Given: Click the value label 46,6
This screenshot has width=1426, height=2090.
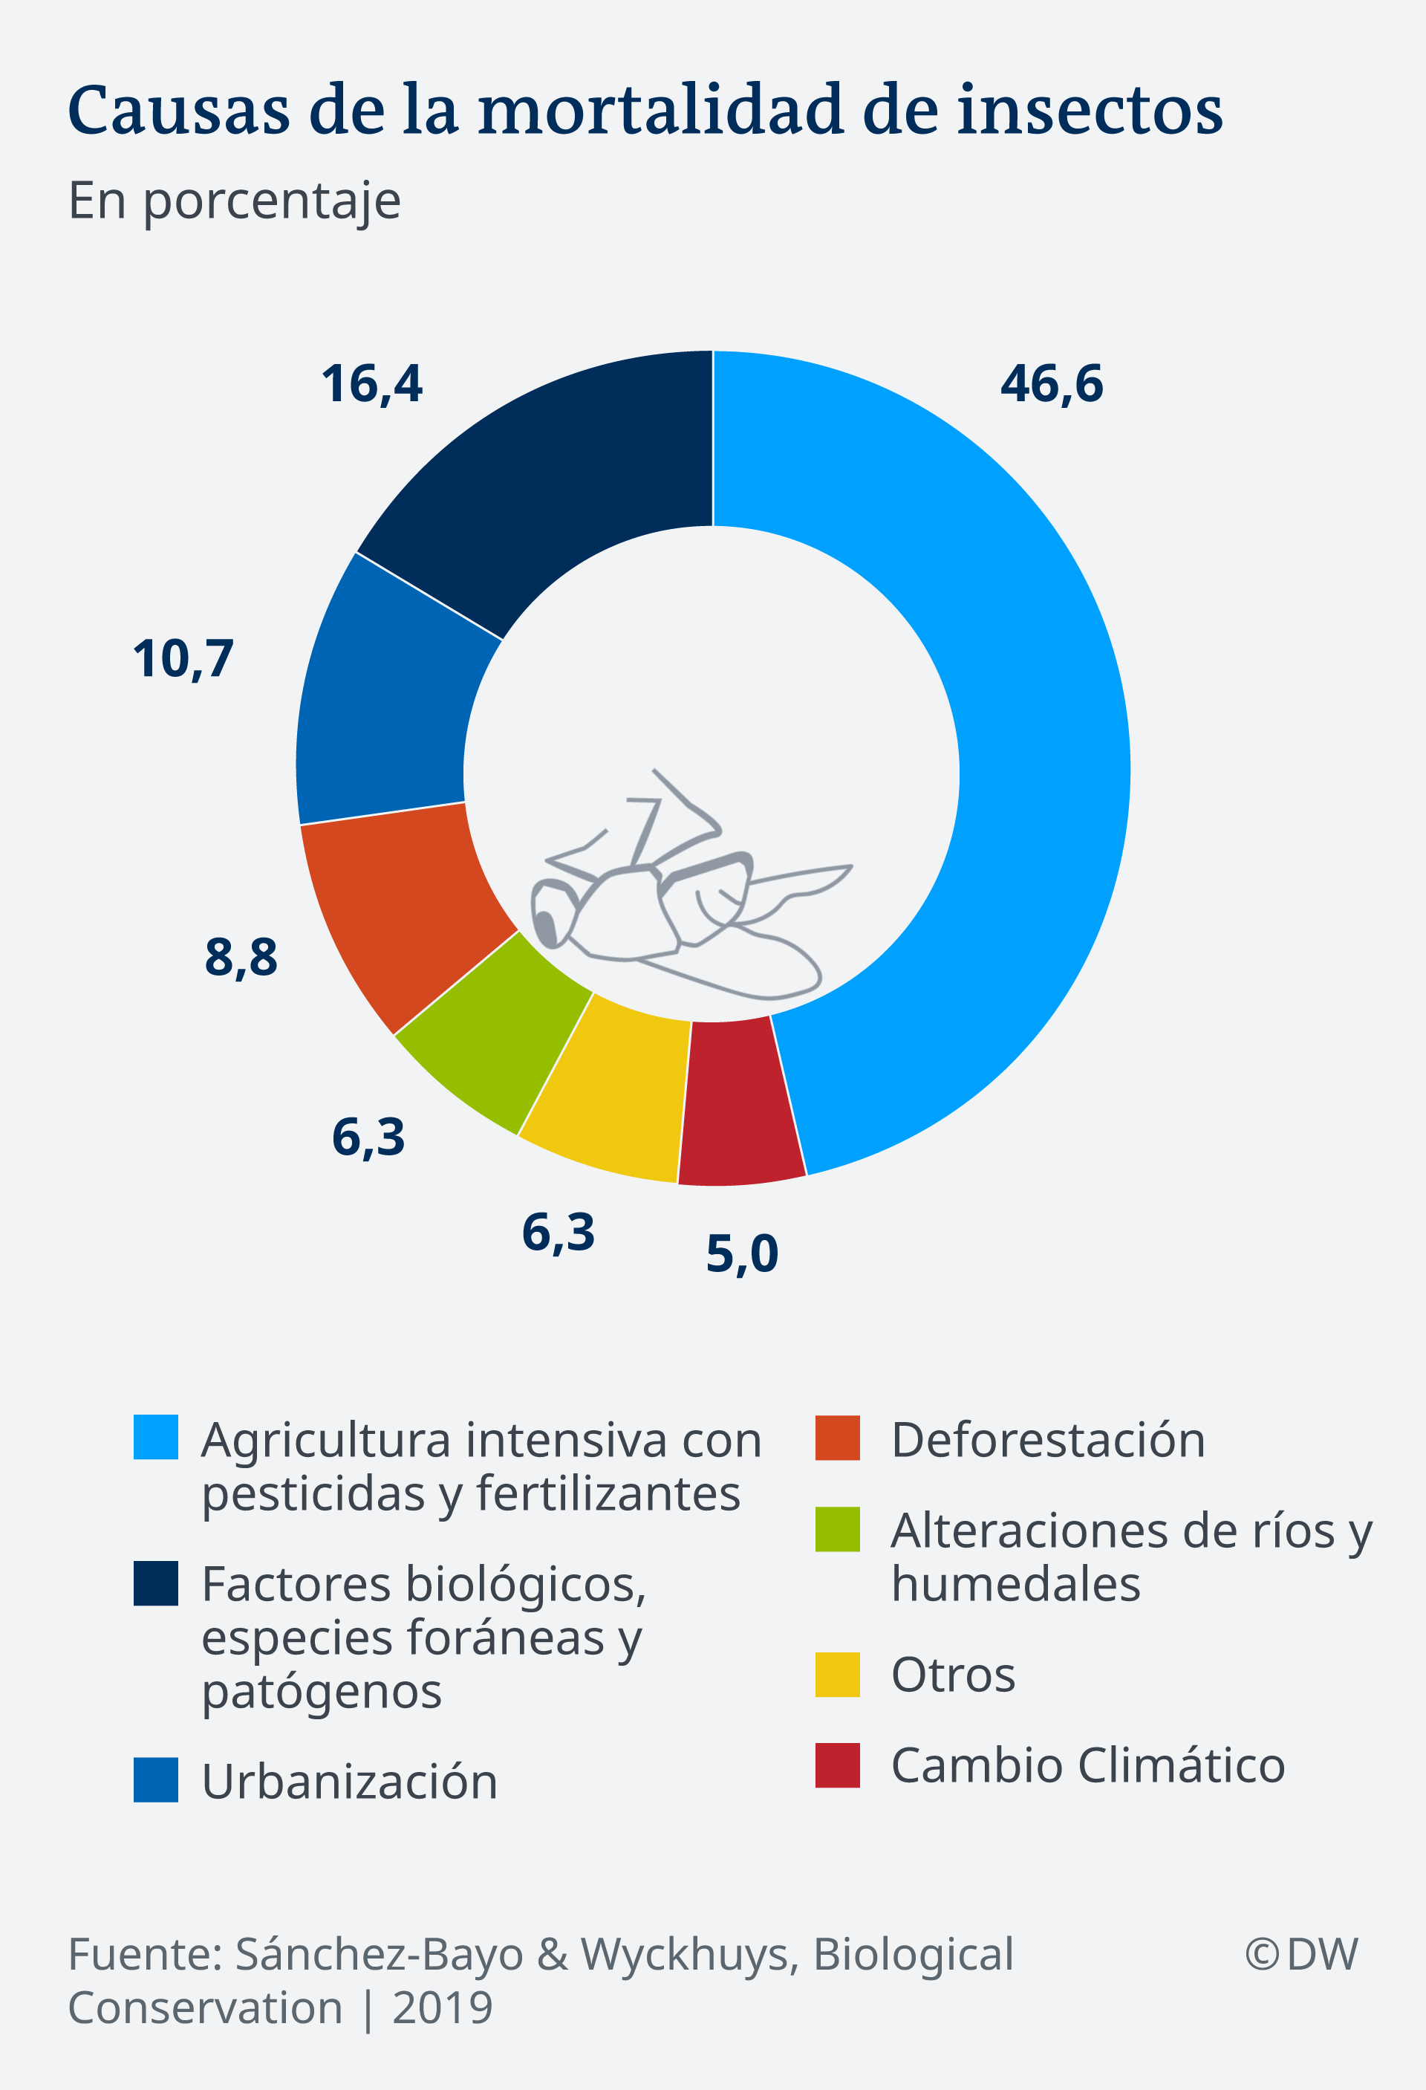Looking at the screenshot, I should pyautogui.click(x=1051, y=384).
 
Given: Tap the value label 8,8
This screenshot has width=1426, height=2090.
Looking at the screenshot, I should pyautogui.click(x=241, y=957).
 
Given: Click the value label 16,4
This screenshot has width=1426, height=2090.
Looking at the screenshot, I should pyautogui.click(x=371, y=384).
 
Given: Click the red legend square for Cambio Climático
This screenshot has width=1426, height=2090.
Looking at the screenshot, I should pyautogui.click(x=837, y=1765).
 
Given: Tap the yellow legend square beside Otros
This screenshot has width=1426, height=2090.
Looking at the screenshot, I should pyautogui.click(x=837, y=1675).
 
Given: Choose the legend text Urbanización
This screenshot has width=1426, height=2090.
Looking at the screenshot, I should pyautogui.click(x=349, y=1782).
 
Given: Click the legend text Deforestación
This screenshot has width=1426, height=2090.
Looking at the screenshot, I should pyautogui.click(x=1047, y=1440).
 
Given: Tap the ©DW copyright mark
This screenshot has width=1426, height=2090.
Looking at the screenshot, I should pyautogui.click(x=1301, y=1953).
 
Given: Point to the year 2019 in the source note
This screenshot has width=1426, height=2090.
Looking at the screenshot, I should pyautogui.click(x=443, y=2008).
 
